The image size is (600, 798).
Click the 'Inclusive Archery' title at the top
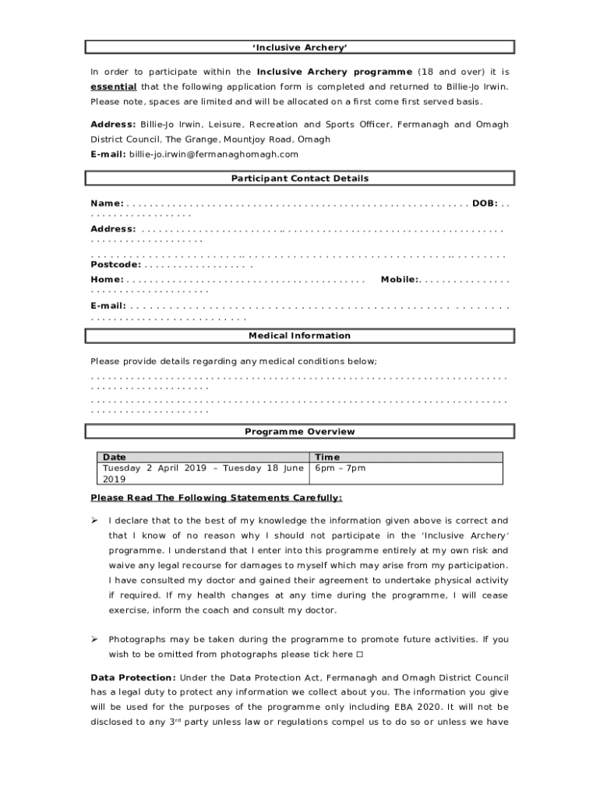click(x=300, y=48)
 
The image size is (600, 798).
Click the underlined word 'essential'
click(x=114, y=87)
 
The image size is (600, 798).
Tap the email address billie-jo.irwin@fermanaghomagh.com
click(x=214, y=154)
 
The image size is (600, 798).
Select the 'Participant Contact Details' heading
click(x=300, y=178)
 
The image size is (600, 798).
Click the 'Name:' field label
click(x=107, y=203)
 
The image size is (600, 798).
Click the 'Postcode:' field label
click(x=115, y=264)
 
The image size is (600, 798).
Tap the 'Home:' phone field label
click(x=107, y=280)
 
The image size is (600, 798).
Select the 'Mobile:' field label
click(x=400, y=280)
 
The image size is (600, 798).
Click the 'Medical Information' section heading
click(x=300, y=336)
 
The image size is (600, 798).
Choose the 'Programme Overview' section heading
click(x=300, y=432)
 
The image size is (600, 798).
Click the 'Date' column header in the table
click(x=115, y=457)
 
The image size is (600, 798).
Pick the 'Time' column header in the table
click(x=327, y=457)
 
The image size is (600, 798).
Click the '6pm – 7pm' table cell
click(x=340, y=468)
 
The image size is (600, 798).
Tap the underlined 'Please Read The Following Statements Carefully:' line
click(x=216, y=498)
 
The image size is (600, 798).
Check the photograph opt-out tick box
click(x=359, y=655)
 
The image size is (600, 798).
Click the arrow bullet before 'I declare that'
click(x=94, y=521)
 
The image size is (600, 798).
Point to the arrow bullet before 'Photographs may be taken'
click(x=94, y=640)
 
